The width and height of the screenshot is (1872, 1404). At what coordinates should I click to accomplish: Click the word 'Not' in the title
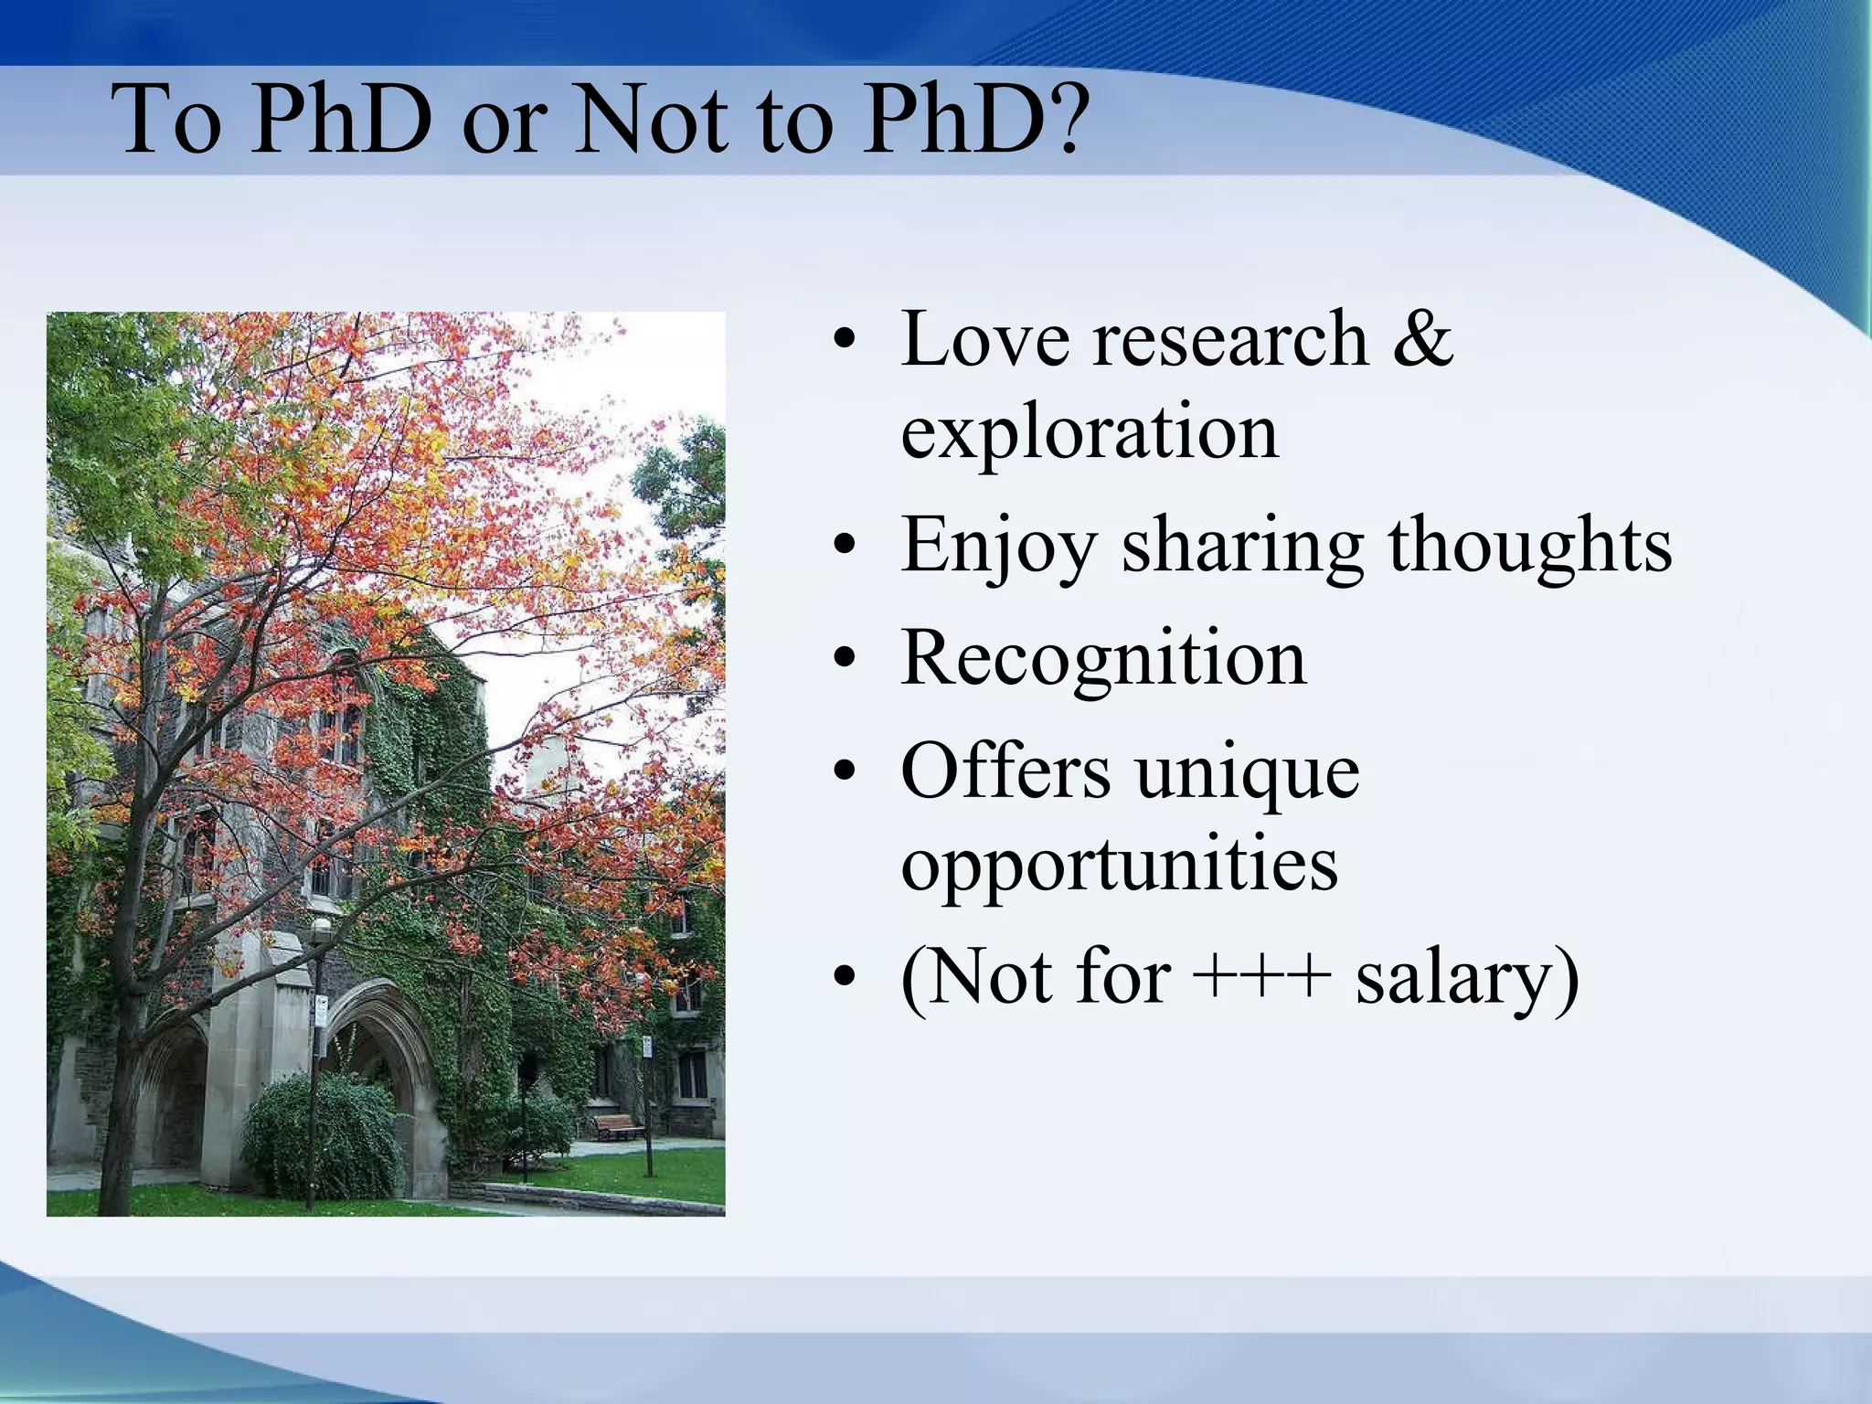(652, 119)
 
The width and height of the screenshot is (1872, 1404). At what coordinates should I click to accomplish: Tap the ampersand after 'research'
(1422, 339)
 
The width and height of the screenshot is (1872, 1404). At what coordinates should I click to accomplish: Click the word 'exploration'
(1089, 431)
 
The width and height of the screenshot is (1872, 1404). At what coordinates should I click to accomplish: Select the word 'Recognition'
(1103, 658)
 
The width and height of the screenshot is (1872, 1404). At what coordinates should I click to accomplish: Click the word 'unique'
(1247, 772)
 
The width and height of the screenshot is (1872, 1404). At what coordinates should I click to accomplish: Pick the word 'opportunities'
(1119, 865)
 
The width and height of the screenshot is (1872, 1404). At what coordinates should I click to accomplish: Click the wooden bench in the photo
(618, 1125)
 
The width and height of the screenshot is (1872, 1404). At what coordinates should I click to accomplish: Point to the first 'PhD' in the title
(340, 119)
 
